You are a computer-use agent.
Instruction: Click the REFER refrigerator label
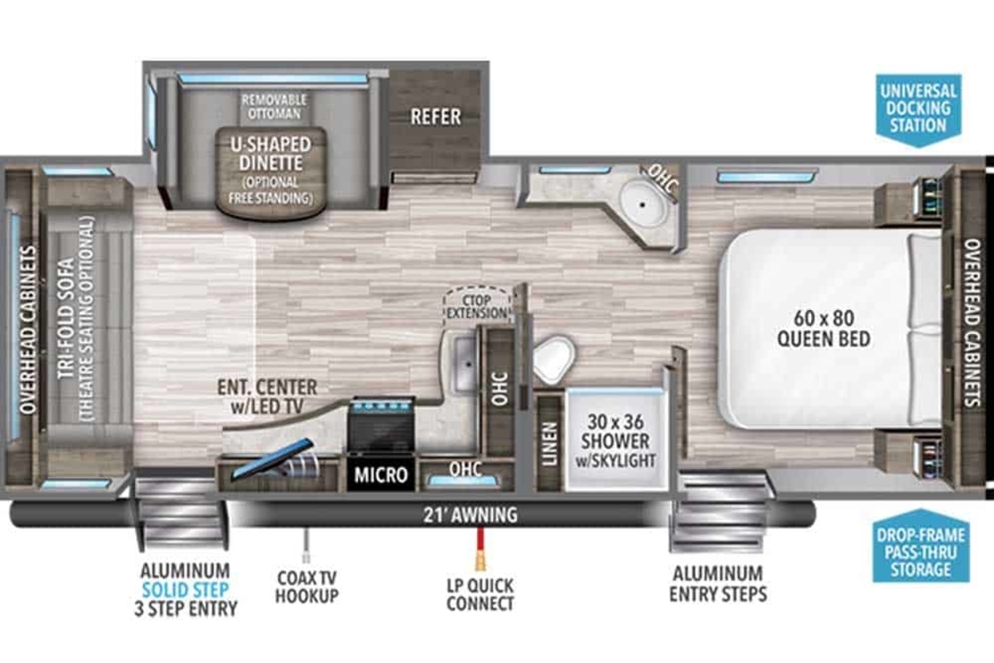point(436,117)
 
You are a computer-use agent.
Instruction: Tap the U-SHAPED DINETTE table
point(271,173)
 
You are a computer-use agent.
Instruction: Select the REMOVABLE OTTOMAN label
point(274,107)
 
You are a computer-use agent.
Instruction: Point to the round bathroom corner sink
point(644,205)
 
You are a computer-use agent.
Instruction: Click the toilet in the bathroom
point(553,358)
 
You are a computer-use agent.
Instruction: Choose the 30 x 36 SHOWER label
point(615,441)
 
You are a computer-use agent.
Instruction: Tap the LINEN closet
point(550,443)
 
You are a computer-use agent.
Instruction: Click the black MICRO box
point(381,475)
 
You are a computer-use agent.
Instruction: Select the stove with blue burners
point(382,425)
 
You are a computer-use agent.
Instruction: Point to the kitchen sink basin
point(465,364)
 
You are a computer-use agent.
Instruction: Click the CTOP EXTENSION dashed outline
point(477,307)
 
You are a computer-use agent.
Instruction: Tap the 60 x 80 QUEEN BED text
point(823,329)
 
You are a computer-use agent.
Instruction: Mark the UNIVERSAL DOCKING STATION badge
point(919,109)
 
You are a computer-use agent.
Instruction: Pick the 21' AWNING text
point(470,515)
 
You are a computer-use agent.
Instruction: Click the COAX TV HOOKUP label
point(306,587)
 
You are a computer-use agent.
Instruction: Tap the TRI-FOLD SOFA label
point(66,318)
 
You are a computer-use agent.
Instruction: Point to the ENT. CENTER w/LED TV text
point(268,396)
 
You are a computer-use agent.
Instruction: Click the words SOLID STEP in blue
point(186,590)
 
